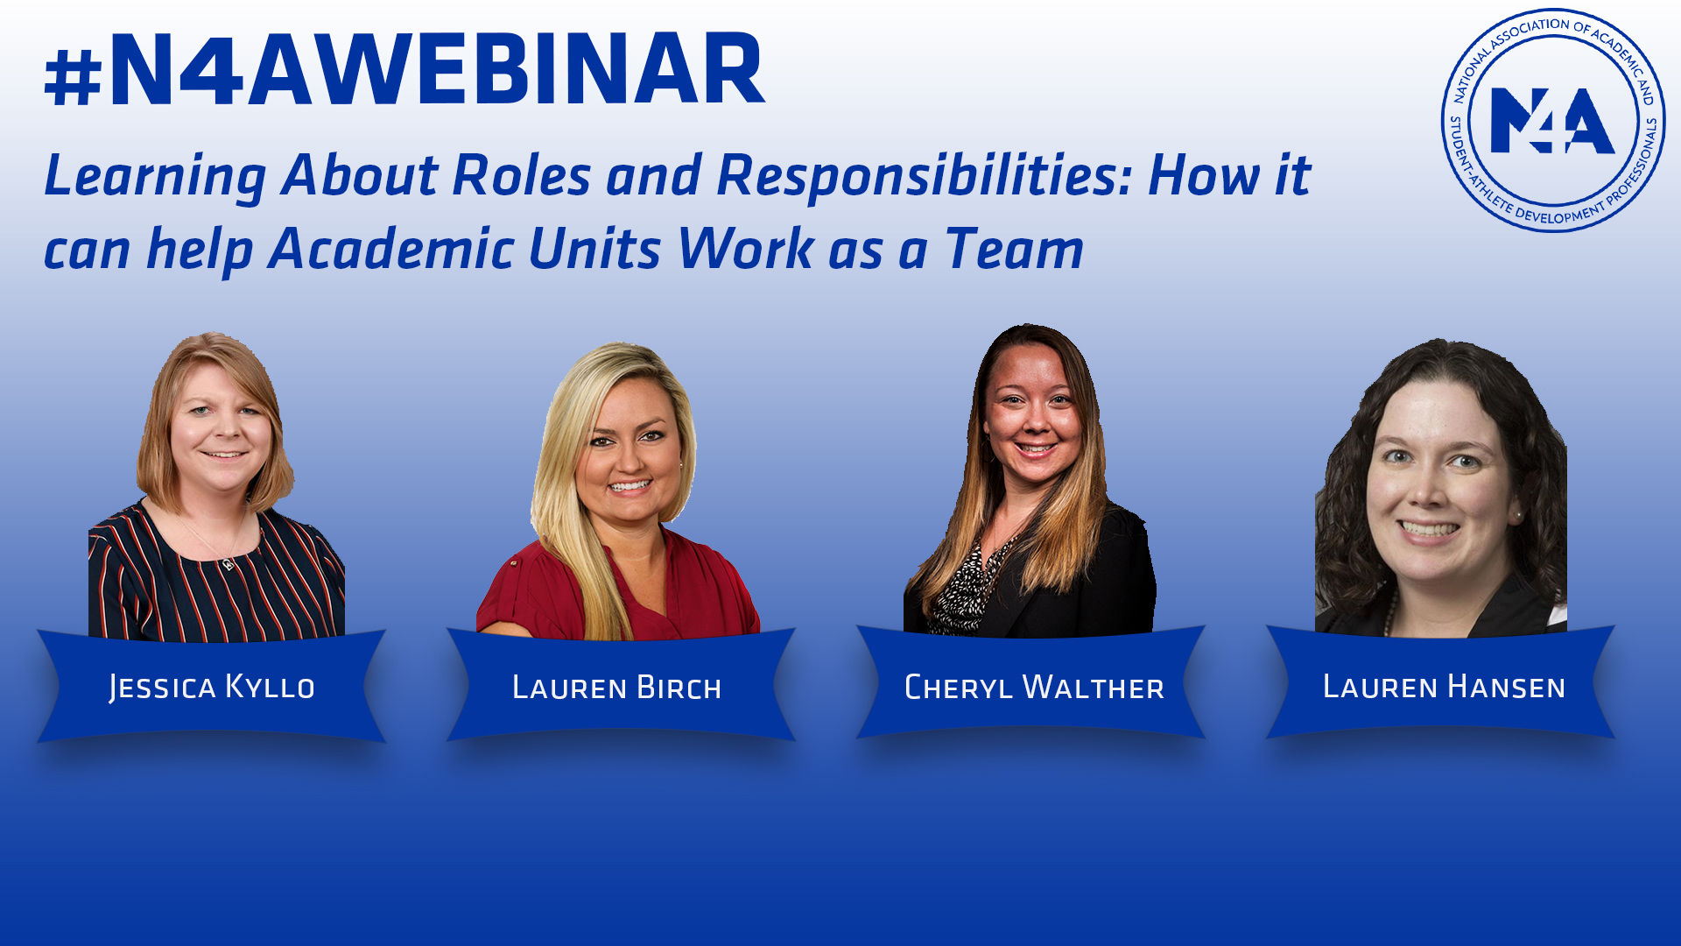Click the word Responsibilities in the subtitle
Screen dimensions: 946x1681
[x=925, y=175]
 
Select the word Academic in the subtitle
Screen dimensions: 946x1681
[x=391, y=250]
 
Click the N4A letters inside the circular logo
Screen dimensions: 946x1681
[x=1551, y=121]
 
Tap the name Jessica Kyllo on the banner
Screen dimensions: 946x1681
[x=212, y=688]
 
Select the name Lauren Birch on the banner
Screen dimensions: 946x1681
[x=617, y=688]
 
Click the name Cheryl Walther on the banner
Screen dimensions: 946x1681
[x=1034, y=688]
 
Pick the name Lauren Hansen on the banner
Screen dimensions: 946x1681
[x=1444, y=688]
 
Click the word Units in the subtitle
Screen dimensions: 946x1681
[x=595, y=250]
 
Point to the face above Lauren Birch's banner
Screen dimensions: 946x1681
[x=629, y=455]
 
